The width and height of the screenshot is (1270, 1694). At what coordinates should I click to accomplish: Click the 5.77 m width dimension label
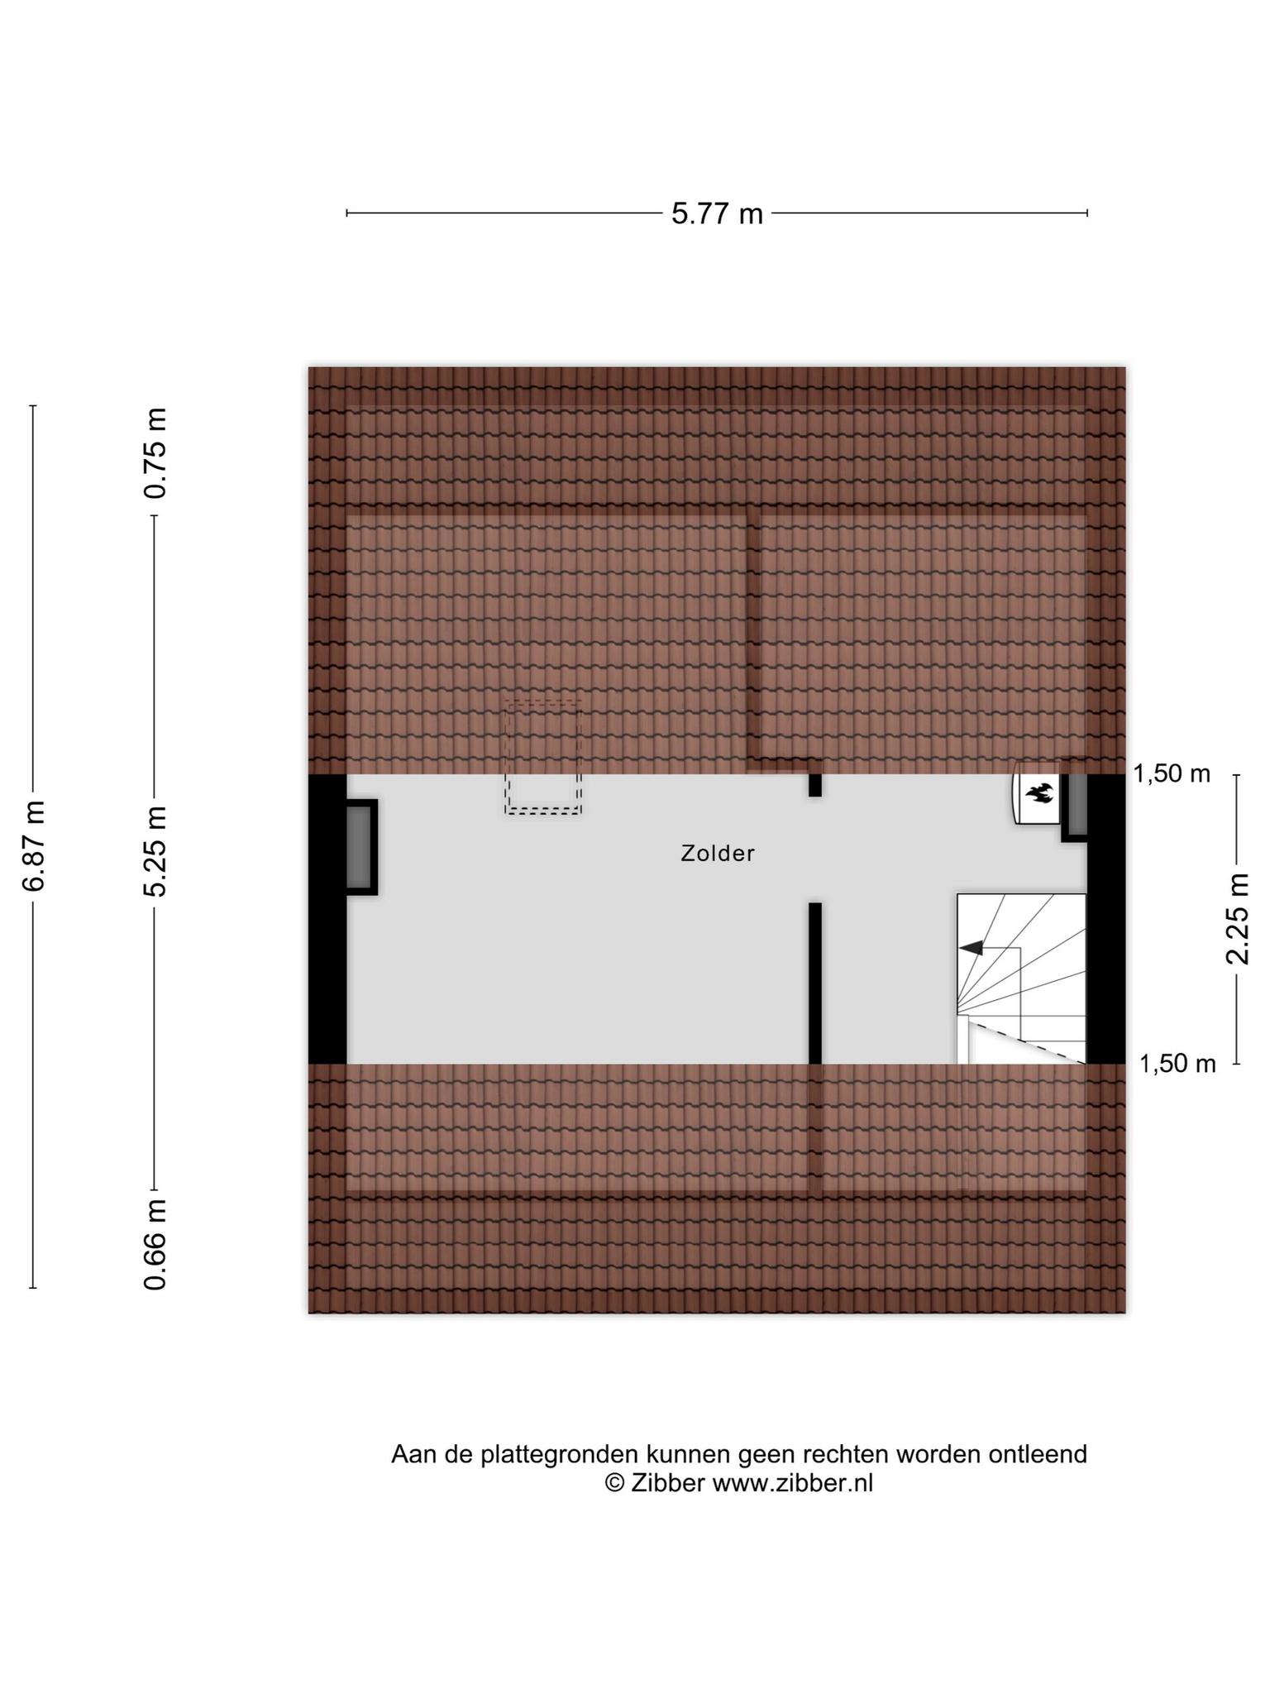[x=717, y=213]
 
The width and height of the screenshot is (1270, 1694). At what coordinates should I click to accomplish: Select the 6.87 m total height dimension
[x=34, y=845]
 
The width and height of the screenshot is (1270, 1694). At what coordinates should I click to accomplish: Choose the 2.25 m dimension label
[x=1238, y=918]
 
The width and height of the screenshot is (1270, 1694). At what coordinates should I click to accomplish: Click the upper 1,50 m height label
[x=1172, y=774]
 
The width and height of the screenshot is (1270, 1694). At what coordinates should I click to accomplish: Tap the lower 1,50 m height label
[x=1177, y=1064]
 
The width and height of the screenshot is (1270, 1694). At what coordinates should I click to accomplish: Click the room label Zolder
[x=718, y=853]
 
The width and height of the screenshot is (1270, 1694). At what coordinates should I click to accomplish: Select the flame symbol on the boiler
[x=1038, y=794]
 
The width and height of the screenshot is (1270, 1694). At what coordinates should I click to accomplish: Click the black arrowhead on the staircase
[x=972, y=948]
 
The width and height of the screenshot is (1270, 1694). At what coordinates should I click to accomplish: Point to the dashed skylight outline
[x=543, y=758]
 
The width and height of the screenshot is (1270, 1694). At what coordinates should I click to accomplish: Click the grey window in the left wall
[x=360, y=846]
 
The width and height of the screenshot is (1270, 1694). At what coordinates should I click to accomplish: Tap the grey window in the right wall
[x=1076, y=801]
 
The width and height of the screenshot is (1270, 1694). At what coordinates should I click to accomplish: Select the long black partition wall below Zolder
[x=815, y=983]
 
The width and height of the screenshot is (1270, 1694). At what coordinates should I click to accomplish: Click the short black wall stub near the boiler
[x=815, y=784]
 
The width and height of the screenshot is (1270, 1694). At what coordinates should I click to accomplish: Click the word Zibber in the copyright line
[x=668, y=1483]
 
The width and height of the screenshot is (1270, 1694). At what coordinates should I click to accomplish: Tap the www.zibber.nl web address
[x=793, y=1483]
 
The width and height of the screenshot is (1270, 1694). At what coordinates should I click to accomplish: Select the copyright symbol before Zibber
[x=615, y=1483]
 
